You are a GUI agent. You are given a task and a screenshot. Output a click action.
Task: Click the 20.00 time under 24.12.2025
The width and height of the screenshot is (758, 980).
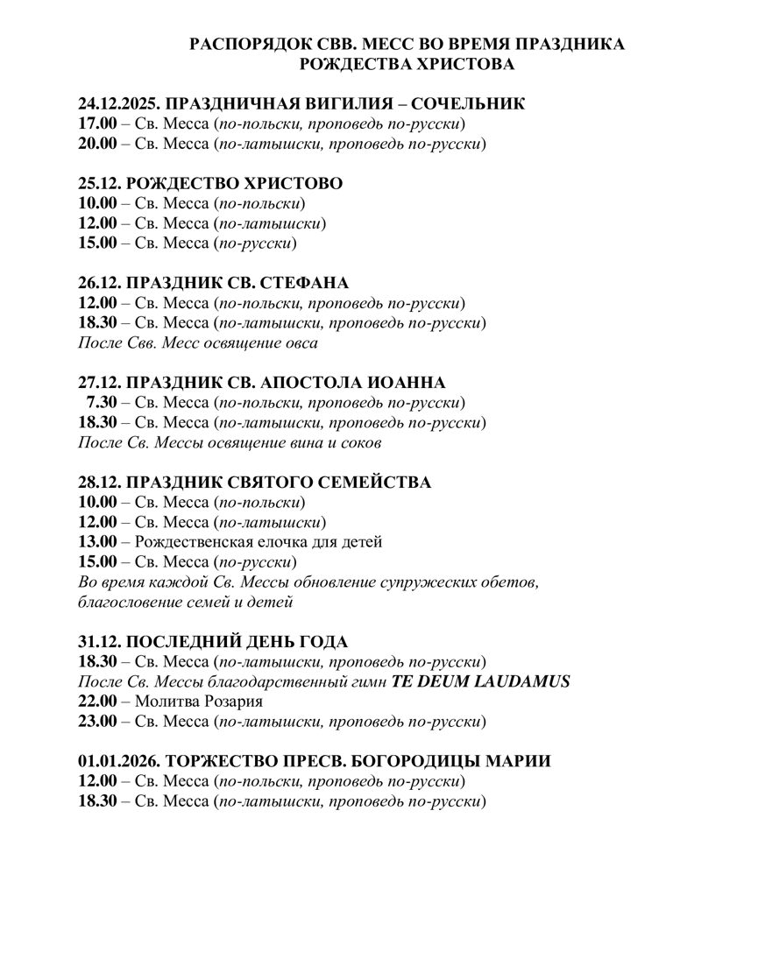(97, 144)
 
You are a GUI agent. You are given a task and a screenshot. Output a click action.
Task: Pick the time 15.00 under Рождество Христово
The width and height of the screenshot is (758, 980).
(97, 243)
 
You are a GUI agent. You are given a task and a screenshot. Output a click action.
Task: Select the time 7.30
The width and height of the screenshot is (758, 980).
(101, 403)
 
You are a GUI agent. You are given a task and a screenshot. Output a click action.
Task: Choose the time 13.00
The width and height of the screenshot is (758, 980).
(97, 542)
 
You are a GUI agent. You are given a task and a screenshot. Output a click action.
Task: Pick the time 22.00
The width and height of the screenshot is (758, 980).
(97, 702)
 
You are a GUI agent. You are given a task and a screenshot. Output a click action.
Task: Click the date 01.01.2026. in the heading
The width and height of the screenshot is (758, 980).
(118, 761)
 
